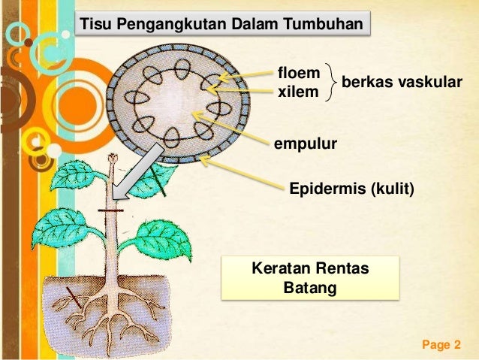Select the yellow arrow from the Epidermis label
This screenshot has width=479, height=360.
click(240, 169)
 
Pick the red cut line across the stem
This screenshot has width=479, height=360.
click(114, 213)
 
